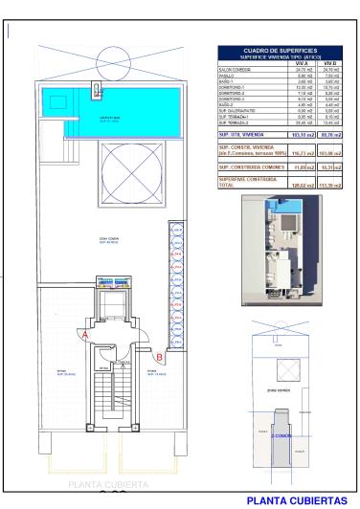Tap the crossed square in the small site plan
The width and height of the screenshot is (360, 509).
click(284, 369)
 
